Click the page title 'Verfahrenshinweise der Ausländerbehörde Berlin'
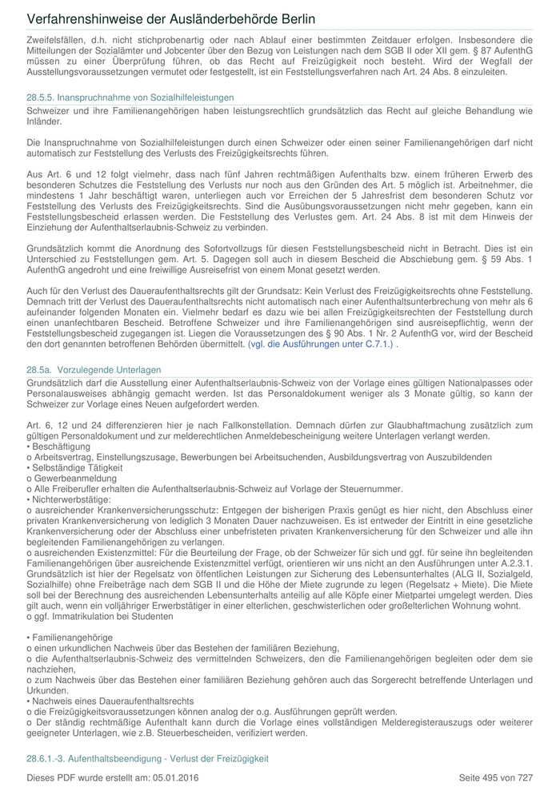[170, 18]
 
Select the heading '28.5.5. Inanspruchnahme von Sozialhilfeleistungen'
[130, 97]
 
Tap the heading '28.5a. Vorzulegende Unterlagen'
[94, 370]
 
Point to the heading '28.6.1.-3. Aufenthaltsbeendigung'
[147, 757]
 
